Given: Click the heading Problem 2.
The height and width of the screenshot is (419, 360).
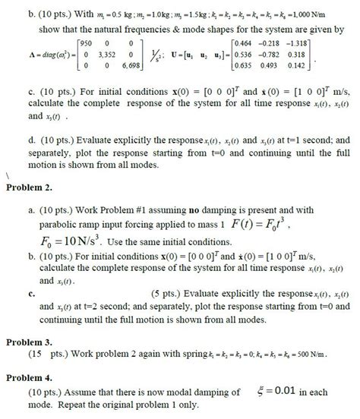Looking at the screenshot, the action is [30, 187].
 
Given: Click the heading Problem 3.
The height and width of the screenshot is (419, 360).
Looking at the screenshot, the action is [30, 342].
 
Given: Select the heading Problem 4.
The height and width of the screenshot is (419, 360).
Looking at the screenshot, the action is [30, 377].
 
